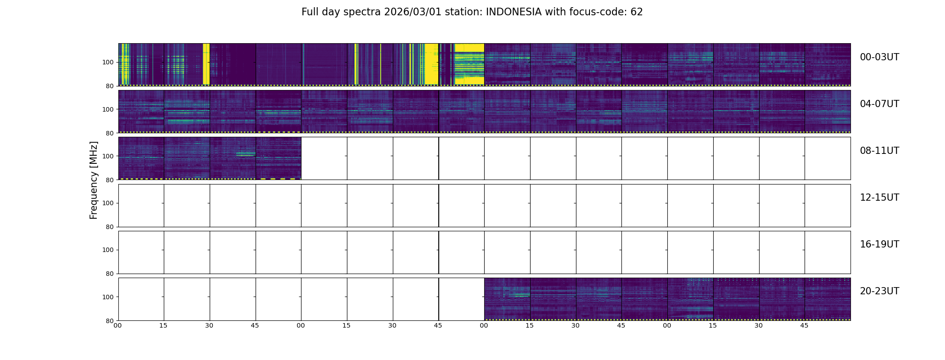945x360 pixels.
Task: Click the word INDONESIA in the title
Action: click(x=513, y=12)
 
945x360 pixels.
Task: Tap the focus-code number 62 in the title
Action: click(x=636, y=12)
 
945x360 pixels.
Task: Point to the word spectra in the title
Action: click(x=363, y=12)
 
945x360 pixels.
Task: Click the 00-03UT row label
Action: click(x=879, y=57)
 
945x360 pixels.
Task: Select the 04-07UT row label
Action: click(x=879, y=104)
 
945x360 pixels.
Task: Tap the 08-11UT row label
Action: click(x=879, y=151)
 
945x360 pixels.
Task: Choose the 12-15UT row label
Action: click(x=879, y=198)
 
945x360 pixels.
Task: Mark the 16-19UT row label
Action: click(x=879, y=244)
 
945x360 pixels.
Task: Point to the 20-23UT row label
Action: click(x=879, y=291)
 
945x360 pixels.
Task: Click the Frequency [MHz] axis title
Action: click(x=94, y=180)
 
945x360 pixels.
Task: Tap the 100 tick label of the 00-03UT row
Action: click(x=108, y=63)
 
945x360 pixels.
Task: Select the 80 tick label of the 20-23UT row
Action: click(x=110, y=321)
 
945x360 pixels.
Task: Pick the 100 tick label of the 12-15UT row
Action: click(x=108, y=203)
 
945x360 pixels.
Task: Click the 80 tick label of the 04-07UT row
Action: click(x=110, y=133)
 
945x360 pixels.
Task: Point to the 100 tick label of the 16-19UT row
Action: click(x=108, y=250)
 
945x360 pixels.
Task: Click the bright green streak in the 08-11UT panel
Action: click(x=245, y=154)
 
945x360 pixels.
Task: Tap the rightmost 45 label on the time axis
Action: click(x=804, y=325)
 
